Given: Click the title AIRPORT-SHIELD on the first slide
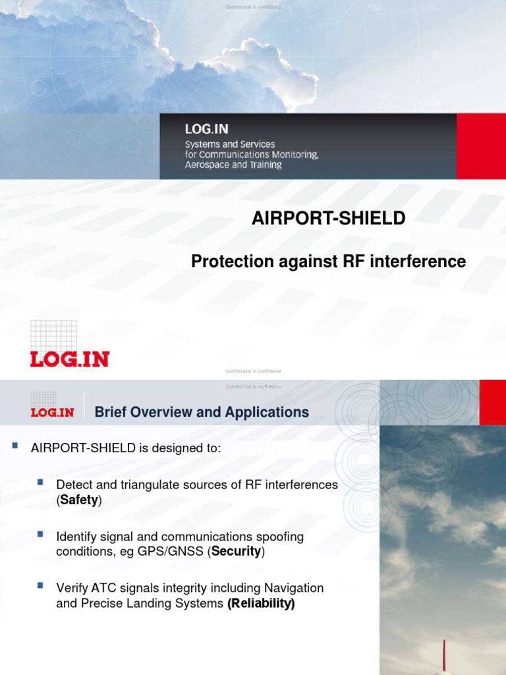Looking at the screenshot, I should [x=328, y=218].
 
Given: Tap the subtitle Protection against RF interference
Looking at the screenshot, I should [x=328, y=262].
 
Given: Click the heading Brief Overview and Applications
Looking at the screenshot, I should [x=202, y=413].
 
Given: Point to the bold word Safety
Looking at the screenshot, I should [x=79, y=500].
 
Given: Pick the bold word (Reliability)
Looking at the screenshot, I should [x=261, y=603].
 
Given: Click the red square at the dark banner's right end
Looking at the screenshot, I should [x=480, y=146].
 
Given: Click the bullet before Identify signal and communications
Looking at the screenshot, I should [x=41, y=533].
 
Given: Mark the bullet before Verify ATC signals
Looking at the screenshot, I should [x=41, y=585].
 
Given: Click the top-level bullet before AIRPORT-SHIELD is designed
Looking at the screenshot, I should [x=14, y=446].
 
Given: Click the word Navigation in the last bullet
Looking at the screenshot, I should [x=293, y=587].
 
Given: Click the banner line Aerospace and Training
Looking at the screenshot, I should [x=233, y=165].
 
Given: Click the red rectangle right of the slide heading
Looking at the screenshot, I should [x=492, y=402].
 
